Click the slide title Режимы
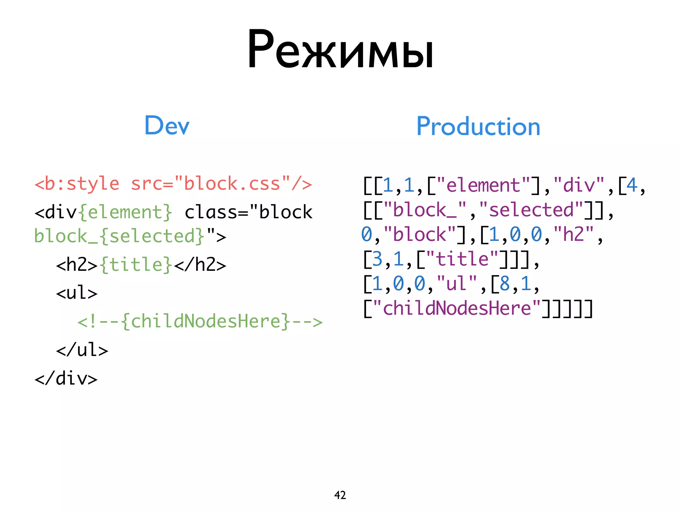click(340, 50)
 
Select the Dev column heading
click(167, 125)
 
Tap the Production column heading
click(478, 126)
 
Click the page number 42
click(340, 495)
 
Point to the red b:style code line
click(173, 184)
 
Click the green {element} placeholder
click(125, 212)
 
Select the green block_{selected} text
click(119, 236)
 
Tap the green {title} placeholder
click(136, 265)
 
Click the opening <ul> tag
click(76, 293)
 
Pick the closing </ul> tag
click(82, 350)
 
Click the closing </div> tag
click(66, 379)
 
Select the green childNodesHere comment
click(200, 321)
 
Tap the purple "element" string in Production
click(483, 185)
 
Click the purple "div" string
click(579, 185)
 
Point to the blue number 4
click(632, 185)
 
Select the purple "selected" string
click(531, 210)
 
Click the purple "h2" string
click(573, 234)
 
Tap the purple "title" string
click(462, 259)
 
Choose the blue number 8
click(504, 283)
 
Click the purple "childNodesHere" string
click(457, 308)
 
